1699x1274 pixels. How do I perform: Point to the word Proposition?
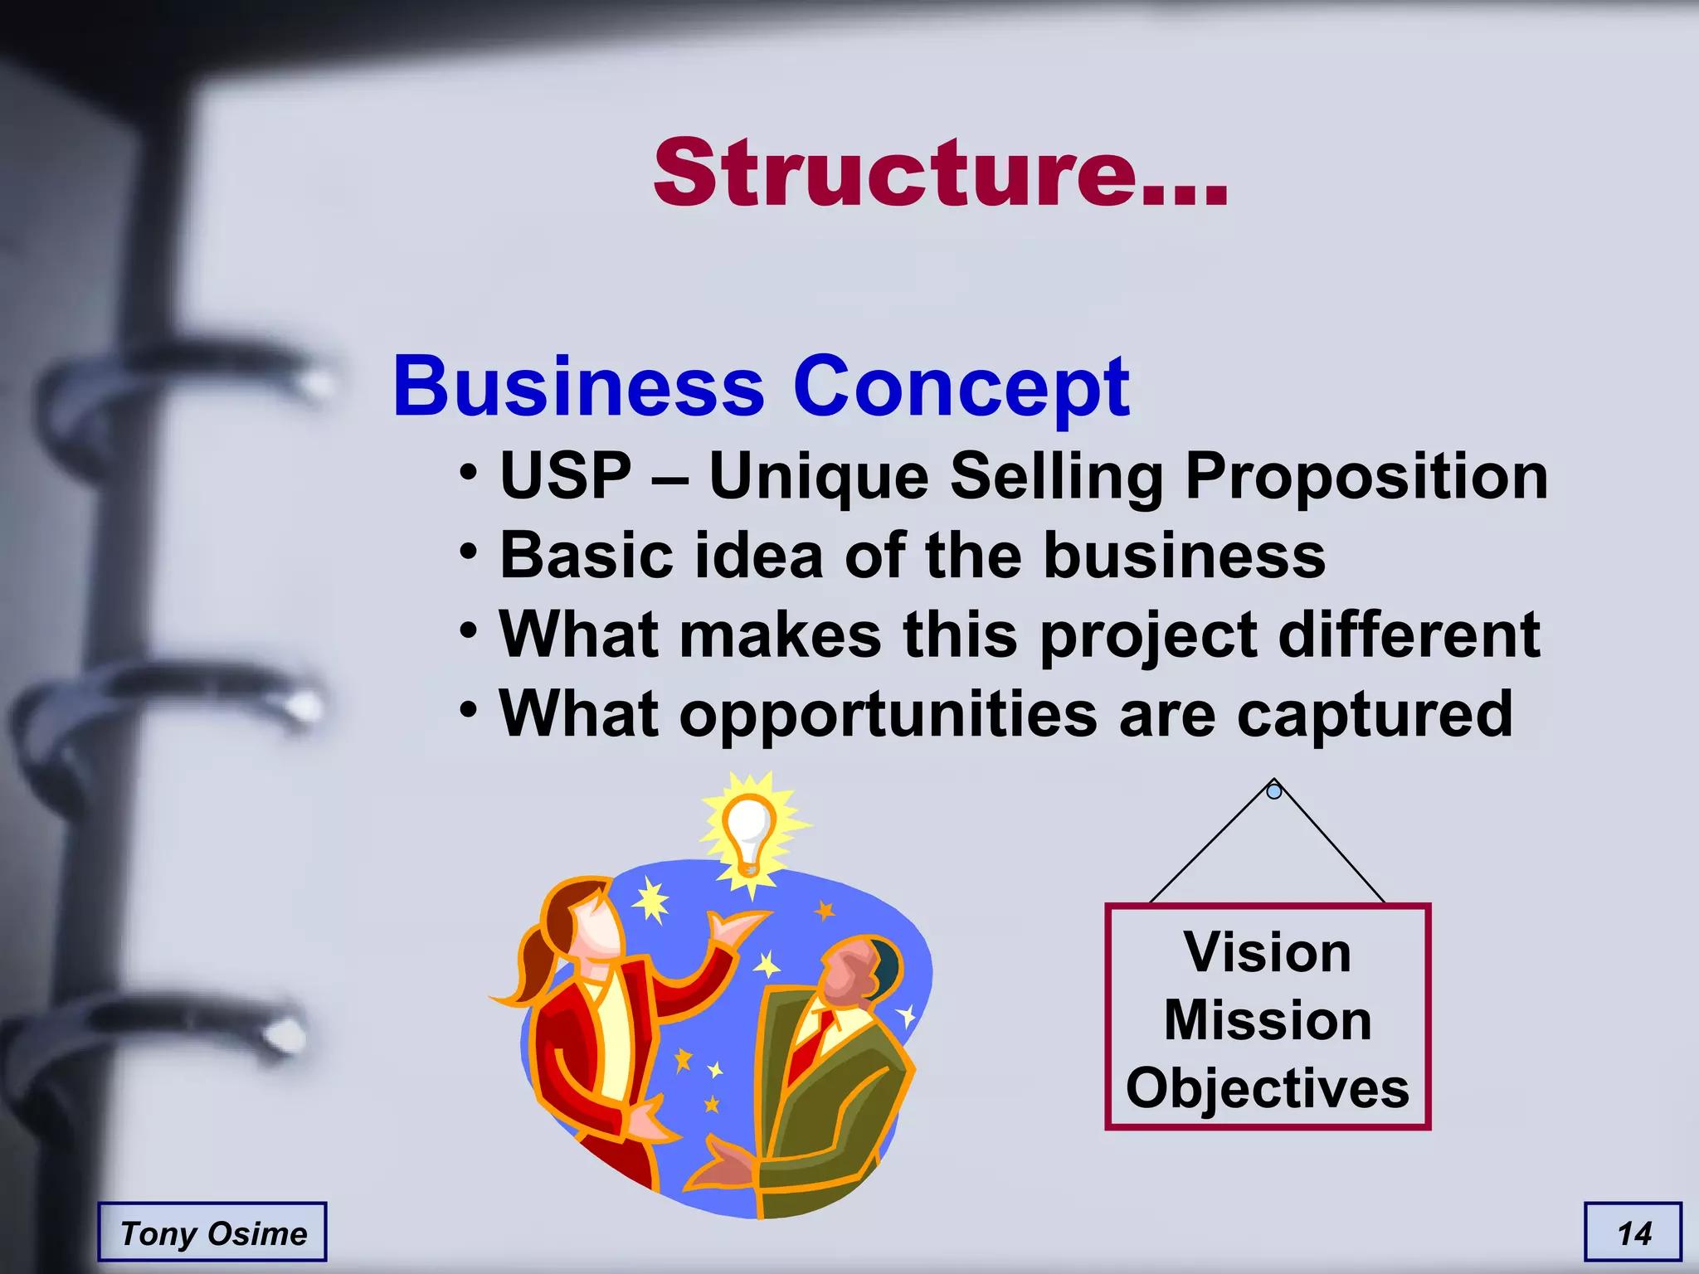(1366, 477)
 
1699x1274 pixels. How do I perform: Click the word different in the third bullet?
(1409, 635)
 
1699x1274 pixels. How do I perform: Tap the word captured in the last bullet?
(1375, 714)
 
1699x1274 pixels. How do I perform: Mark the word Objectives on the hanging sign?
(1268, 1087)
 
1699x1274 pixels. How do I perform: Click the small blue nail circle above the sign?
(1274, 791)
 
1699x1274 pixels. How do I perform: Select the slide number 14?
(1634, 1233)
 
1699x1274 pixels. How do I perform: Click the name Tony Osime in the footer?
(213, 1233)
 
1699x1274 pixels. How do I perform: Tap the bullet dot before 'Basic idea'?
(469, 551)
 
